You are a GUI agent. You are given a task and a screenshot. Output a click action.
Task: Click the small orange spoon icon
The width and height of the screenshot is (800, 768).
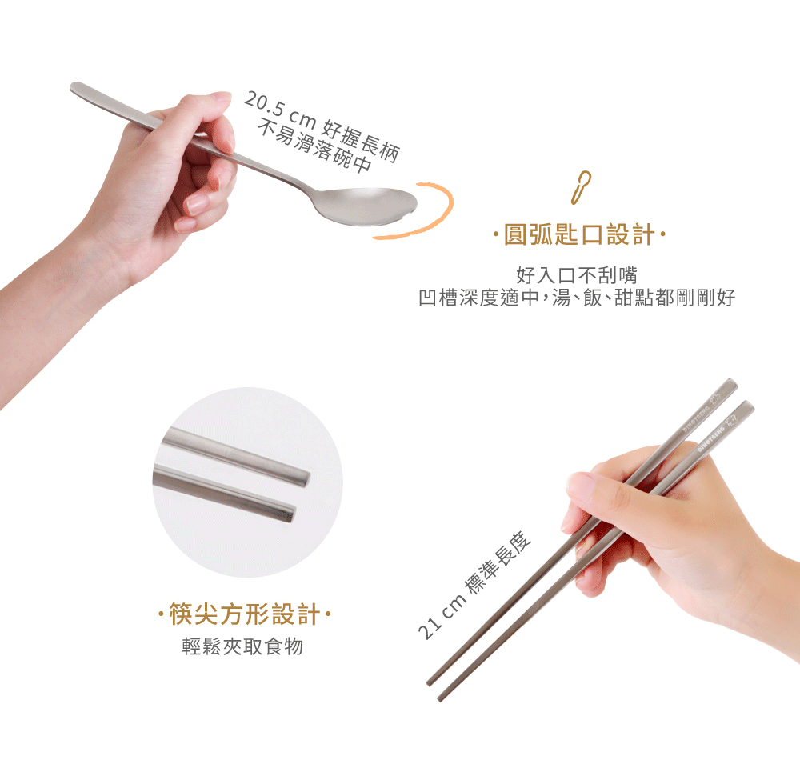tap(581, 187)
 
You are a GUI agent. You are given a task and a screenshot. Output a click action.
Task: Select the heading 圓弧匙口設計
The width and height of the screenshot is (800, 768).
tap(579, 234)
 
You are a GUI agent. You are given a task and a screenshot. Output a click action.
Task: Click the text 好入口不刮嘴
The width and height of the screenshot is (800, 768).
tap(577, 275)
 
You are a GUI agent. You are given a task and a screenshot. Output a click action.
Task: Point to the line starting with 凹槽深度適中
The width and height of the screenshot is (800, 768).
tap(577, 298)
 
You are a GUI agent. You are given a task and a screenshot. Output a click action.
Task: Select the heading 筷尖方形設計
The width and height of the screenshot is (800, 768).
tap(245, 614)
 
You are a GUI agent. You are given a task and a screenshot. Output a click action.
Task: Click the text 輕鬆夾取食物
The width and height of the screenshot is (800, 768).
tap(243, 646)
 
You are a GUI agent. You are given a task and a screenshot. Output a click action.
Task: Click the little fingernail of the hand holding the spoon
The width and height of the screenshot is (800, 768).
tap(186, 225)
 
